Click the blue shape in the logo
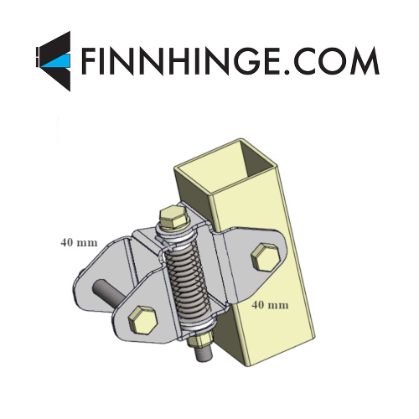pyautogui.click(x=57, y=60)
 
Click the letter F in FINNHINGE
pyautogui.click(x=90, y=60)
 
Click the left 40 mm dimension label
pyautogui.click(x=79, y=242)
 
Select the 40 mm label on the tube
pyautogui.click(x=270, y=305)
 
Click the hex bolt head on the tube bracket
pyautogui.click(x=266, y=256)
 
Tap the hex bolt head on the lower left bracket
pyautogui.click(x=142, y=320)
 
